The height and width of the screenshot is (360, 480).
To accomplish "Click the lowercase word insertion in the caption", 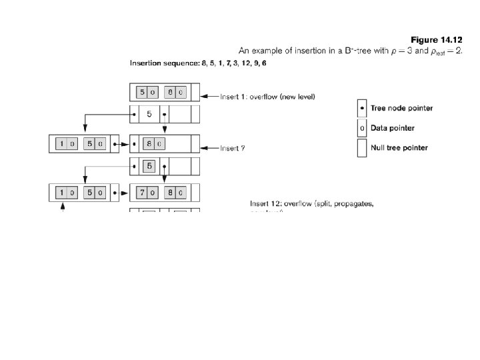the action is point(298,51).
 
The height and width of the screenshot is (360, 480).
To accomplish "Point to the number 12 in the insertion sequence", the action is point(238,63).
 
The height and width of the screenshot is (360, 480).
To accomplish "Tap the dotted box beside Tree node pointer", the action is point(362,108).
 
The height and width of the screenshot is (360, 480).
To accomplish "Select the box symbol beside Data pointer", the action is point(362,127).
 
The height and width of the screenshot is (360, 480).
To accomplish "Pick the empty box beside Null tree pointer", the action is point(362,147).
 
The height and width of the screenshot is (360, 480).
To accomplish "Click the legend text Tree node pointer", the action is point(401,108).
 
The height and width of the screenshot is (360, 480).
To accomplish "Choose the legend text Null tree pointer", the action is point(399,147).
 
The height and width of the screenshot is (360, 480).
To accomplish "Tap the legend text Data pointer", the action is point(393,127).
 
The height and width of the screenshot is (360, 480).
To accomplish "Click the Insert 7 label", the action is point(233,148).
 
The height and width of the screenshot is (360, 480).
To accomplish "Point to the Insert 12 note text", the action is point(311,203).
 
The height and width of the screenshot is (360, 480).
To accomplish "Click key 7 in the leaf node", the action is point(142,193).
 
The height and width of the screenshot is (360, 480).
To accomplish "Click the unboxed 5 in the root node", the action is point(149,113).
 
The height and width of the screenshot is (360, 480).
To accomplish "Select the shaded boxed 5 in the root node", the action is point(149,165).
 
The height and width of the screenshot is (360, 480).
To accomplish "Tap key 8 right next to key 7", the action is point(171,193).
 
